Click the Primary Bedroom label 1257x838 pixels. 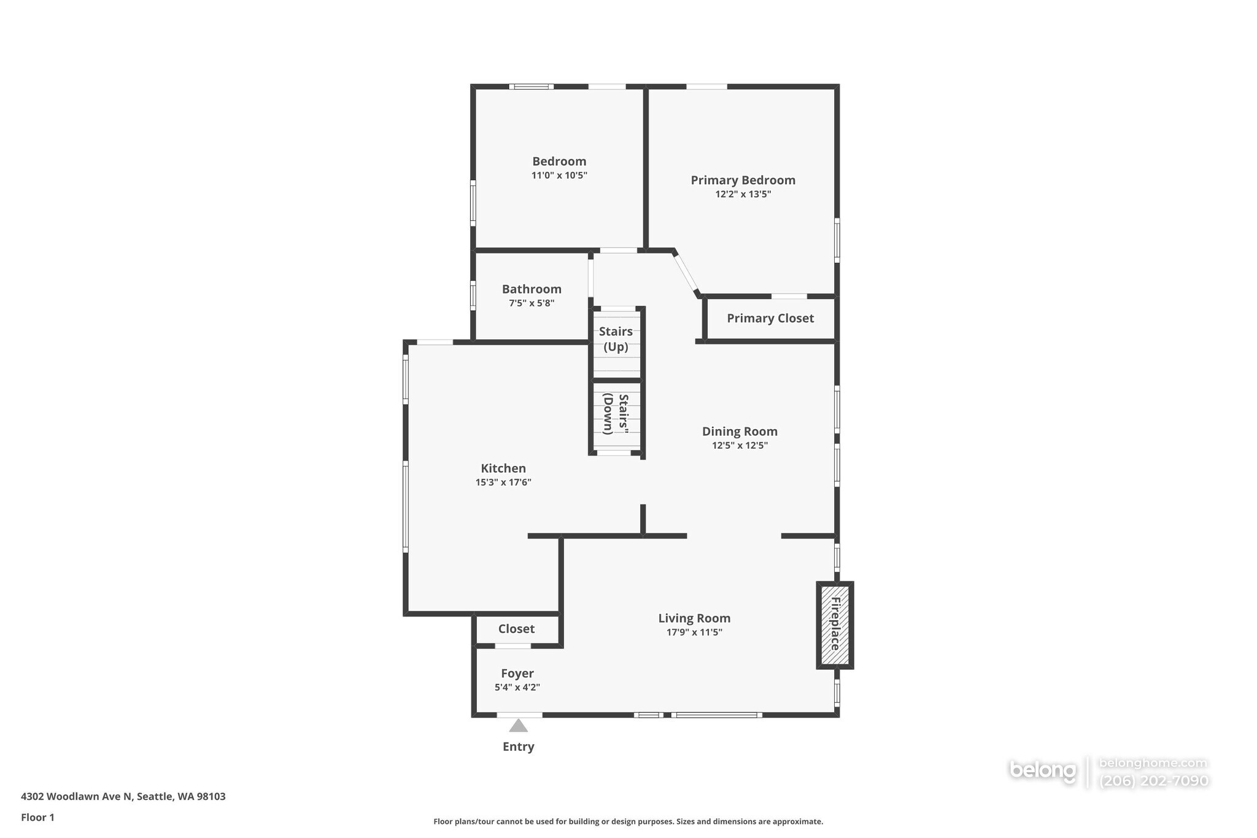tap(743, 180)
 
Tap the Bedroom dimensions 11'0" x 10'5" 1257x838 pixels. tap(559, 176)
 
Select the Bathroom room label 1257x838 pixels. tap(532, 289)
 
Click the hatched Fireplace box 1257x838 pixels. tap(835, 625)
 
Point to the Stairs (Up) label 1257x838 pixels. tap(616, 339)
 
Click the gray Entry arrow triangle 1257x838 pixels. tap(519, 726)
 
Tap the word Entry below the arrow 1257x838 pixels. tap(519, 747)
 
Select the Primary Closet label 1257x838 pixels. tap(770, 318)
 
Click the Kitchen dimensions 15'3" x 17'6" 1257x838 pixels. tap(503, 483)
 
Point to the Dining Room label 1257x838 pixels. tap(740, 432)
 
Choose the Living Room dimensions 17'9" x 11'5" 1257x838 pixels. tap(694, 632)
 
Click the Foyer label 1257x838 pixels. tap(517, 673)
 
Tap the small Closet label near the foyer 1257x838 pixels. tap(516, 629)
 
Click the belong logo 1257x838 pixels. tap(1043, 770)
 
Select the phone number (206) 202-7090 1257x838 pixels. tap(1154, 781)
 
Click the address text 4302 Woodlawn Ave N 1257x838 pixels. tap(77, 796)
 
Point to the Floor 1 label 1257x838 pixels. tap(37, 817)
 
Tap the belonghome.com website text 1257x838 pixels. tap(1153, 763)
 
